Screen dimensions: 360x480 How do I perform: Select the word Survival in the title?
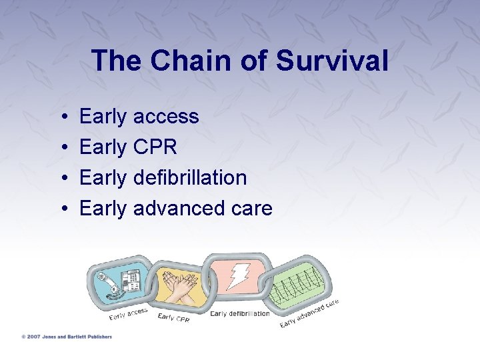(x=331, y=61)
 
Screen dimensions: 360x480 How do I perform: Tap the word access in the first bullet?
(x=166, y=117)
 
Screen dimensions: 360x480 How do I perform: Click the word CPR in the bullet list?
(x=155, y=147)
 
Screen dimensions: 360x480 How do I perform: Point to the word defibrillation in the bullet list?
(x=190, y=178)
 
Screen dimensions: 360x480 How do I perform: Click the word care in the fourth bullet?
(x=251, y=209)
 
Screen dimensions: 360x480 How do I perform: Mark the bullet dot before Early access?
(x=62, y=117)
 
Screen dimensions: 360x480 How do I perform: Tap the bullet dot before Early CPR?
(x=62, y=148)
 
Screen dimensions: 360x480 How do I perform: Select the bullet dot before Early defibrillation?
(x=62, y=179)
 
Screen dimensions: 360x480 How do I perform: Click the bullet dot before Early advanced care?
(x=62, y=209)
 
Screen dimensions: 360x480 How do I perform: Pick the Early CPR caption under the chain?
(x=173, y=318)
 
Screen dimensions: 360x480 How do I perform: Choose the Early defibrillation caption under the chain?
(x=239, y=314)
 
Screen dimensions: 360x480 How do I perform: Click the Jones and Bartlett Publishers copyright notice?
(x=66, y=337)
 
